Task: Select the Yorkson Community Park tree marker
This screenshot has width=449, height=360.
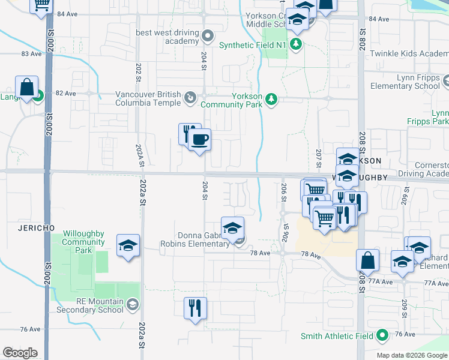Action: click(x=271, y=98)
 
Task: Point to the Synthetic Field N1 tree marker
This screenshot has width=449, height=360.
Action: click(x=295, y=44)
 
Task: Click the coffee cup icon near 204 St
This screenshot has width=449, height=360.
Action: click(x=200, y=140)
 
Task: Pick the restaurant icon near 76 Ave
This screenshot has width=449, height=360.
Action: click(x=195, y=308)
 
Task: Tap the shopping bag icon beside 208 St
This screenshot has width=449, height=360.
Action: click(x=367, y=260)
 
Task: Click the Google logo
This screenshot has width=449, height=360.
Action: click(x=20, y=353)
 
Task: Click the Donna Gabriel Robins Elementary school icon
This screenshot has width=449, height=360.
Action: click(x=233, y=228)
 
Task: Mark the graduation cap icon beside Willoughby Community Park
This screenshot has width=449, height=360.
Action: click(x=128, y=247)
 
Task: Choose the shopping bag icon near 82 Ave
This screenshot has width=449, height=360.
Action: click(x=27, y=88)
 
